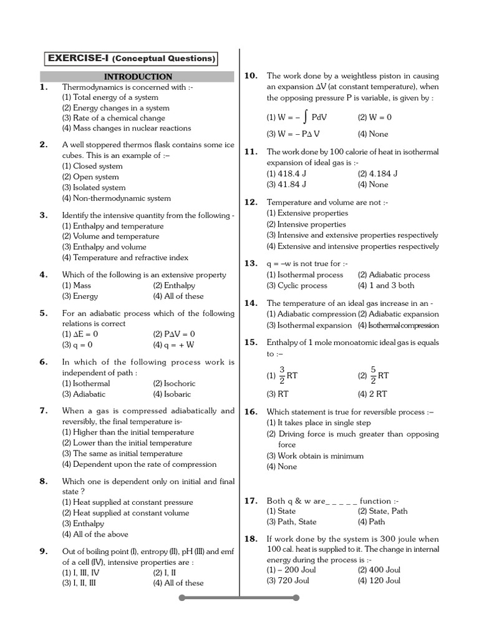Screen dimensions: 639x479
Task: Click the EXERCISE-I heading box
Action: click(132, 59)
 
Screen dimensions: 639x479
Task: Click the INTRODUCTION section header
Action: click(138, 77)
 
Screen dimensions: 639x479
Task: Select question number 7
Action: click(44, 411)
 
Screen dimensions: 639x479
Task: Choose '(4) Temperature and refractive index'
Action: click(125, 257)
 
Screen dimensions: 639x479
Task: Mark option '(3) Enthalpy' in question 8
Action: click(83, 524)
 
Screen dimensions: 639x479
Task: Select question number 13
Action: click(251, 263)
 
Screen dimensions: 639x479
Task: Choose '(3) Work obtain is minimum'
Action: click(315, 456)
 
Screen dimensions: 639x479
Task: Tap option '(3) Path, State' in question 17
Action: click(291, 522)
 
